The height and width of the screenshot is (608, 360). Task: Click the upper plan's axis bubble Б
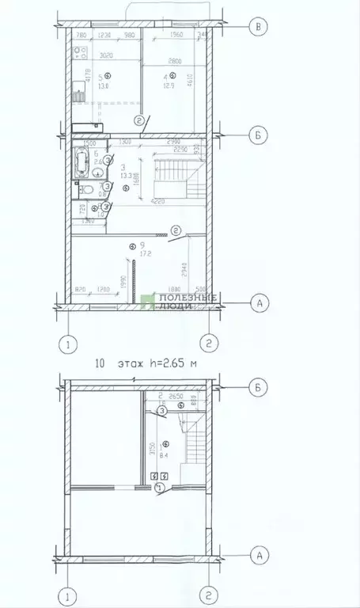(256, 136)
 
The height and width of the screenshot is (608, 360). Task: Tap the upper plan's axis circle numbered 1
(70, 344)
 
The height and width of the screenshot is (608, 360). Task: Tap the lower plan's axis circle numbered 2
(208, 594)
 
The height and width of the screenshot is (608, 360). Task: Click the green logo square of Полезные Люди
(147, 302)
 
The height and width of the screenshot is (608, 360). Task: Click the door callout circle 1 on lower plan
(160, 488)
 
